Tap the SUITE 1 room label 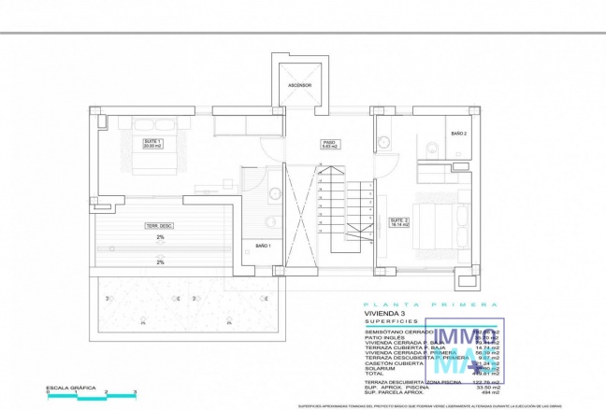(x=152, y=143)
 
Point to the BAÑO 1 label (x=263, y=245)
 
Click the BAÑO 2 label (x=457, y=133)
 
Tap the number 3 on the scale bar (x=135, y=392)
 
